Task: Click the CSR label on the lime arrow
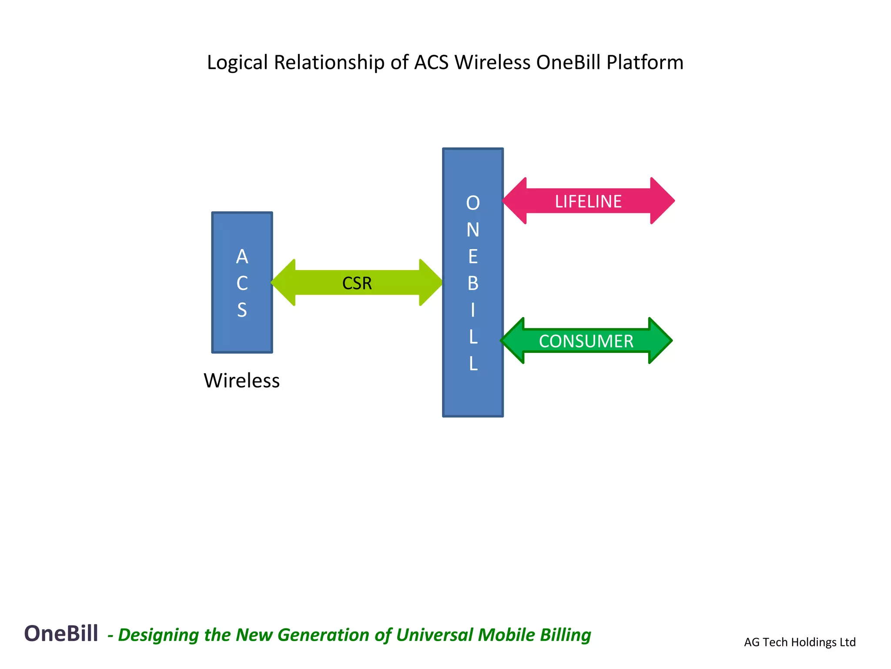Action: pyautogui.click(x=357, y=283)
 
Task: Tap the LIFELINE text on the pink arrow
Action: pyautogui.click(x=588, y=201)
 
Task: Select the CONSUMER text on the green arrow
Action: pyautogui.click(x=586, y=341)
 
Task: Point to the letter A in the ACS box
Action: pyautogui.click(x=242, y=257)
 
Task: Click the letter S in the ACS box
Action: pyautogui.click(x=242, y=310)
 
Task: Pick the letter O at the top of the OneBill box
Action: pyautogui.click(x=473, y=203)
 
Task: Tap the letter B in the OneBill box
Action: pyautogui.click(x=473, y=284)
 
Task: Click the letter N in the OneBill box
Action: pyautogui.click(x=473, y=230)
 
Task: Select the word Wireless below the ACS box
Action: pyautogui.click(x=241, y=381)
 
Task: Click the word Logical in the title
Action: pyautogui.click(x=237, y=63)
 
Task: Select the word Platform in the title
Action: pyautogui.click(x=645, y=63)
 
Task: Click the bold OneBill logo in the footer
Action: pyautogui.click(x=61, y=633)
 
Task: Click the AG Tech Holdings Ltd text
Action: pyautogui.click(x=800, y=642)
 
